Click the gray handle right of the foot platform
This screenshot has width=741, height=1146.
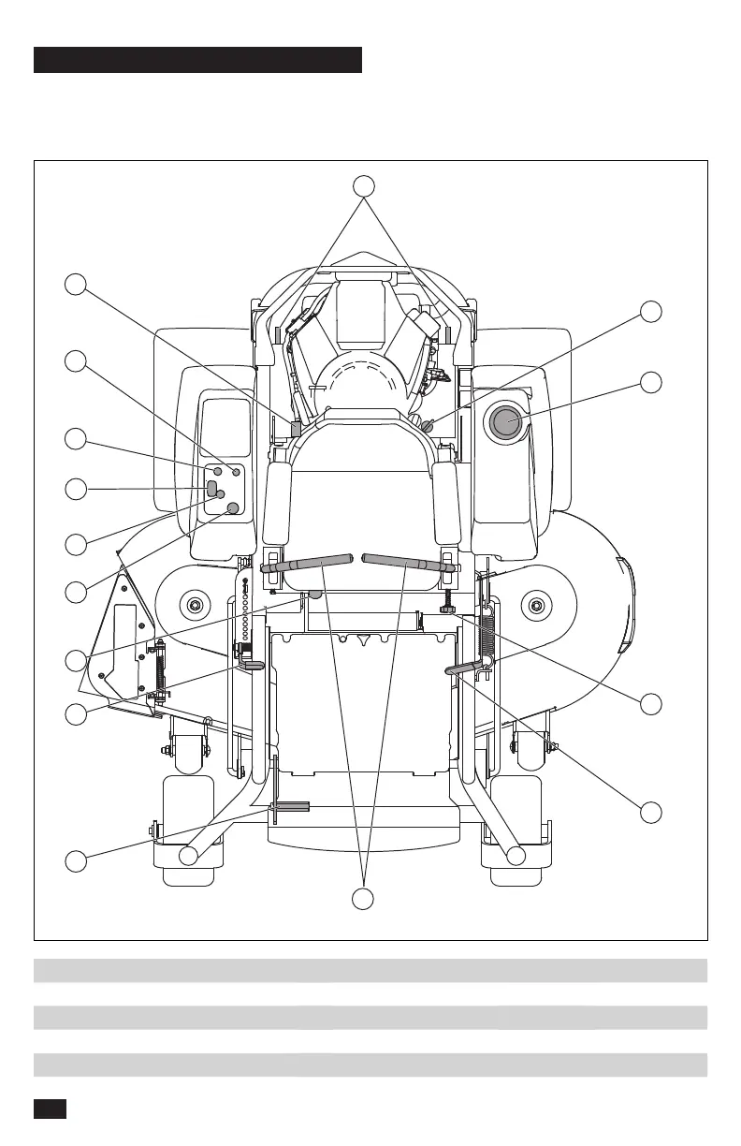464,667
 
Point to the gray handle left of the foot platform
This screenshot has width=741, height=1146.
253,664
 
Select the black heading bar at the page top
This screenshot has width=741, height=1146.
197,60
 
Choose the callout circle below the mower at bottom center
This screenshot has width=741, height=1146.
364,899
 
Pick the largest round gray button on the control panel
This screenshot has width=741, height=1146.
234,507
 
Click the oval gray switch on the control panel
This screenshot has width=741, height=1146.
211,488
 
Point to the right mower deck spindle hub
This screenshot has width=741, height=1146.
536,605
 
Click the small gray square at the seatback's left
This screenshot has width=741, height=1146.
297,429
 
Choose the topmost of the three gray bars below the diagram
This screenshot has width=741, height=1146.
370,970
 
